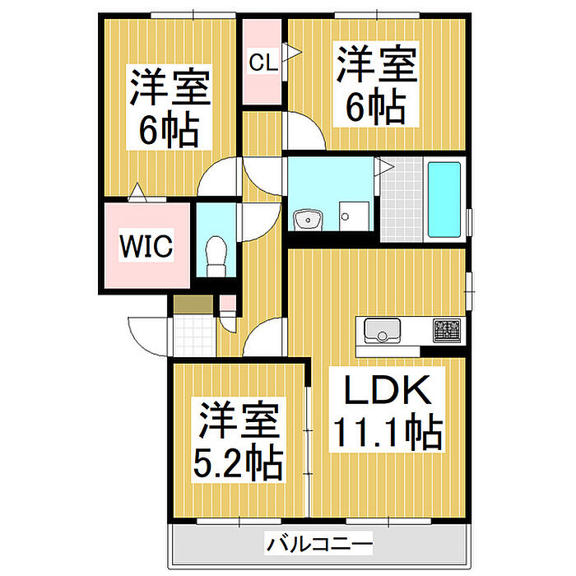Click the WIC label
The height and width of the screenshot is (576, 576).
(146, 245)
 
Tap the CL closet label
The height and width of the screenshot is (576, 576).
(263, 62)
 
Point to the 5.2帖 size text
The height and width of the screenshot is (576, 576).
(239, 465)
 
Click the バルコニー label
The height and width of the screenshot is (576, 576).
(319, 544)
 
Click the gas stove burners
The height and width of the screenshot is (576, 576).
(447, 331)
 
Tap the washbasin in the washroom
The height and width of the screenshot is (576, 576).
(309, 220)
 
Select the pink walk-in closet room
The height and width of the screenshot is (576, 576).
(146, 263)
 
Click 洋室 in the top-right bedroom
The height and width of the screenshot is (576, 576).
(375, 63)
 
